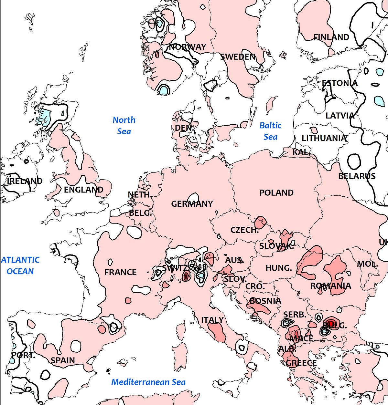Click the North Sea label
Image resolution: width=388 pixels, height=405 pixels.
(124, 126)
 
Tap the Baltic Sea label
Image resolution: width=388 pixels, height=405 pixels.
(270, 131)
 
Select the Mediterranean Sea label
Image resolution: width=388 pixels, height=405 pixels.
(148, 382)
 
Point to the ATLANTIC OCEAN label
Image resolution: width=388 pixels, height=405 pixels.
(20, 265)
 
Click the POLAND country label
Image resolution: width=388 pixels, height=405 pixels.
(276, 193)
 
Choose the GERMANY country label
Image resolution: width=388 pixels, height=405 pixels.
(192, 204)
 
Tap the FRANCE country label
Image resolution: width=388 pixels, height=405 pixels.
(120, 272)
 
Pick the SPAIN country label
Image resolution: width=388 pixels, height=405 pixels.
(63, 360)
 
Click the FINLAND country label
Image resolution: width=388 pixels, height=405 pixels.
(331, 37)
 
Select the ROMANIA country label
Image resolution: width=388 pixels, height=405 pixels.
(330, 286)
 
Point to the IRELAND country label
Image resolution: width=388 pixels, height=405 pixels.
(25, 181)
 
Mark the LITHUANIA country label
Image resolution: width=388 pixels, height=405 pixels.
(324, 138)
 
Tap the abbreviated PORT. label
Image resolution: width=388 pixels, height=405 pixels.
(23, 356)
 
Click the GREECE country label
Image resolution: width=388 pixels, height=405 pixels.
(301, 363)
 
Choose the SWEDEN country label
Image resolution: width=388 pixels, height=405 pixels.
(238, 57)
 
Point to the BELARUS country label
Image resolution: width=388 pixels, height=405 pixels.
(357, 176)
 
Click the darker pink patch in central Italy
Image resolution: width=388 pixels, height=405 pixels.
(217, 332)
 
